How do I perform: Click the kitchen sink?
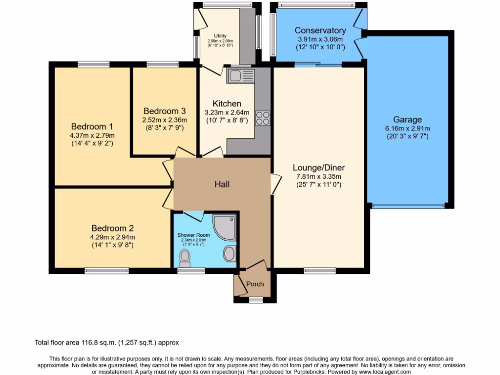(241, 76)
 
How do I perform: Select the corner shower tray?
(226, 228)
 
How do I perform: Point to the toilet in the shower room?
(185, 256)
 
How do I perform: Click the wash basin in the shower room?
(229, 253)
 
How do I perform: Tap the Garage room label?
(407, 120)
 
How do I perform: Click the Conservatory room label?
(320, 31)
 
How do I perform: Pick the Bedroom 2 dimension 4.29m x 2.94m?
(112, 237)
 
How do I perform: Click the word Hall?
(222, 184)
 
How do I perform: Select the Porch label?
(255, 284)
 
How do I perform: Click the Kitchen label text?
(227, 104)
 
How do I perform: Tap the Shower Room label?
(193, 235)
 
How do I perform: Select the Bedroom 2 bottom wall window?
(107, 271)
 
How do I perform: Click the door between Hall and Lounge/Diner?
(275, 185)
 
